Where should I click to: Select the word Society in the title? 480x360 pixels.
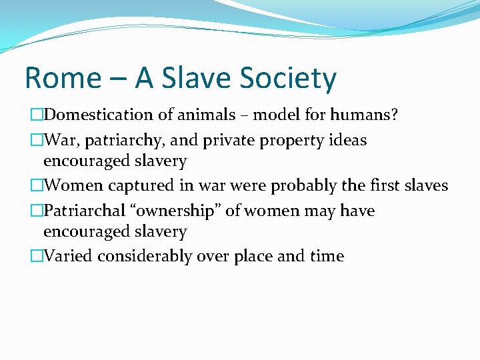[x=292, y=79]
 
